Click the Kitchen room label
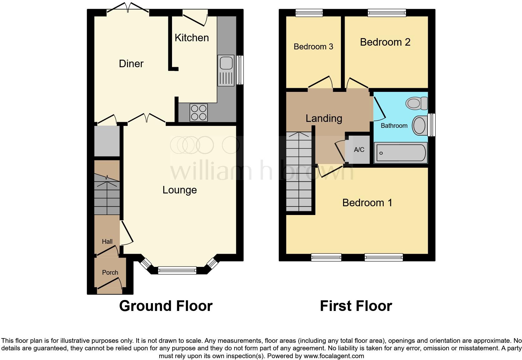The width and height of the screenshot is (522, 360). pos(192,38)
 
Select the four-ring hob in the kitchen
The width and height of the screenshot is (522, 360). pos(199,112)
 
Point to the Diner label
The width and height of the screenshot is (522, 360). pos(131,64)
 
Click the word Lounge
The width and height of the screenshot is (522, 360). pos(180,190)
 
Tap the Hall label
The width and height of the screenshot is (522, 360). pos(107,242)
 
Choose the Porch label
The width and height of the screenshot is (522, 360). pos(110,272)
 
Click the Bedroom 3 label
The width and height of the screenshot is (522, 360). pos(313,47)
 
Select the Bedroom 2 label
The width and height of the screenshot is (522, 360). pos(385,42)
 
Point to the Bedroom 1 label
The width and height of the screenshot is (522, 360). pos(367,203)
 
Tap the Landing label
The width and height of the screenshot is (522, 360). pos(324,118)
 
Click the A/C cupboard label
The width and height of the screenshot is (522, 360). pos(359,150)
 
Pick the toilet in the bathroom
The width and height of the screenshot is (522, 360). pos(417,103)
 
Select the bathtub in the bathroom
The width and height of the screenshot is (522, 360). pos(401,152)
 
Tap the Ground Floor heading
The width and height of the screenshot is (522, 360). pos(166,306)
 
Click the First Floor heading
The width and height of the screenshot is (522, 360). pos(356,306)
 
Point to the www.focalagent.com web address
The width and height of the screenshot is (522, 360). pos(334,356)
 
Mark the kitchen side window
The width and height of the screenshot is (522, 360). pos(240,70)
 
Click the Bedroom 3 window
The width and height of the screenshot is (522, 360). pos(309,12)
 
